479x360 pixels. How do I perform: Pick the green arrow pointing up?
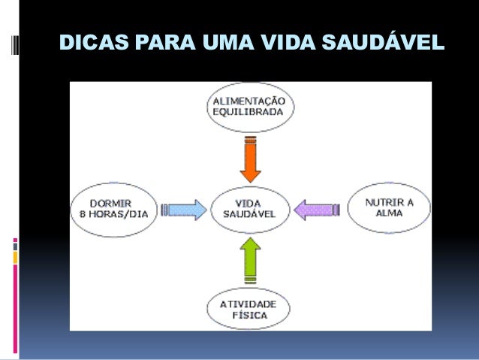pos(250,259)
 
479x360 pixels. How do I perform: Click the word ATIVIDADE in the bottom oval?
pos(249,304)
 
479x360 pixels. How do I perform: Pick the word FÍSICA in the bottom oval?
pos(249,316)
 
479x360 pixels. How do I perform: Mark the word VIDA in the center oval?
pos(249,202)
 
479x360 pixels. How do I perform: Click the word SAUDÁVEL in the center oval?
pos(249,213)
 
